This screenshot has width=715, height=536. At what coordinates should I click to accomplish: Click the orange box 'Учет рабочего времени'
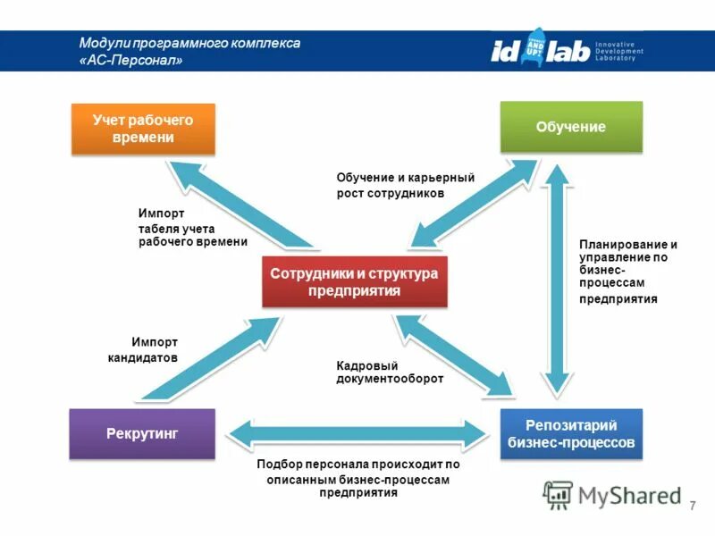143,129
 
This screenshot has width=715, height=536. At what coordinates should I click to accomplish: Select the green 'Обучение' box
570,127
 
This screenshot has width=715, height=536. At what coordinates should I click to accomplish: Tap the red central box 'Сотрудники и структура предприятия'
354,281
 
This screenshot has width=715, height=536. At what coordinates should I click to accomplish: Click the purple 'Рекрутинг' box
142,433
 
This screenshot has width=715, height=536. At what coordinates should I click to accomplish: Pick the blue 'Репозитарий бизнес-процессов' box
570,433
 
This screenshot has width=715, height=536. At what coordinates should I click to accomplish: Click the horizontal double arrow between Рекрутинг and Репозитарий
357,434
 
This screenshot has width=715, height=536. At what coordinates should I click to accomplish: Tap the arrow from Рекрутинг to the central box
206,366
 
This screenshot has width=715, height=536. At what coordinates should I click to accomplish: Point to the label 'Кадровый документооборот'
390,373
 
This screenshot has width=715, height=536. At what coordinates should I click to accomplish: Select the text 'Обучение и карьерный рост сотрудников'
404,185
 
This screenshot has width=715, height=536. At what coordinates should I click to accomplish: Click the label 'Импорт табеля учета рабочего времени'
192,228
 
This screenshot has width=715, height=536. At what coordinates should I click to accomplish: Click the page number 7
693,507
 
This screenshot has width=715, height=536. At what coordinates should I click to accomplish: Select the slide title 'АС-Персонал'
134,61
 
